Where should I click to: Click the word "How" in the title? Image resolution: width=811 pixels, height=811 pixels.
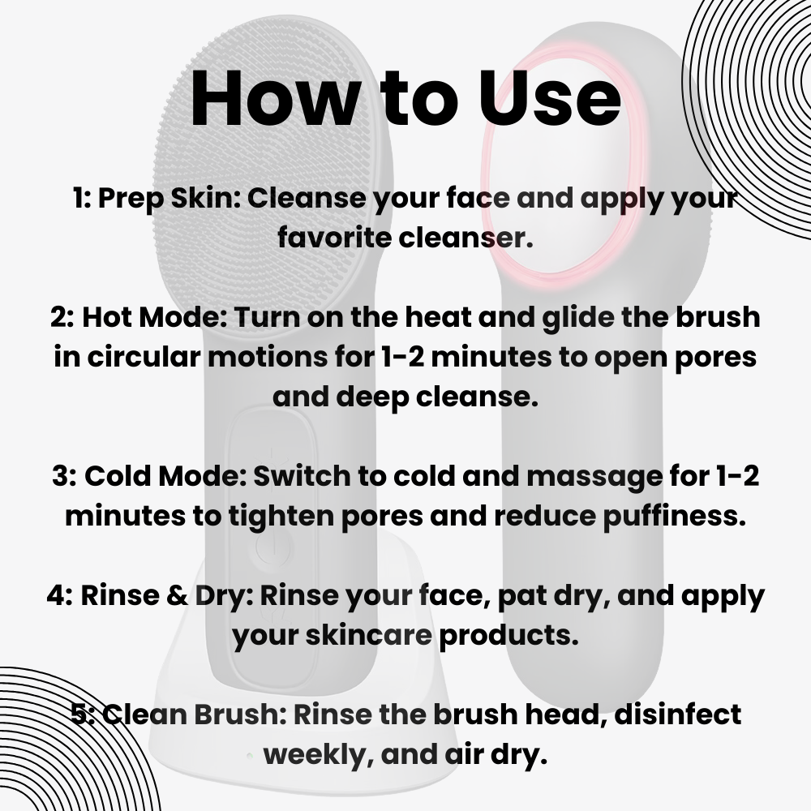pos(275,97)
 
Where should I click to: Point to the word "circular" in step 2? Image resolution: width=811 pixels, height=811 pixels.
pos(144,357)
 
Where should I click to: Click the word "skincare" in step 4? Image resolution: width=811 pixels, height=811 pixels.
pos(368,635)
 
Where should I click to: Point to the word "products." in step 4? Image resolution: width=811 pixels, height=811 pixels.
pos(508,635)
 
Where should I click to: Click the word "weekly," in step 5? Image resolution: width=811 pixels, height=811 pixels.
pos(319,755)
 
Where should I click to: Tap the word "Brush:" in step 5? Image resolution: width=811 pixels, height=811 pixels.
pos(240,714)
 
